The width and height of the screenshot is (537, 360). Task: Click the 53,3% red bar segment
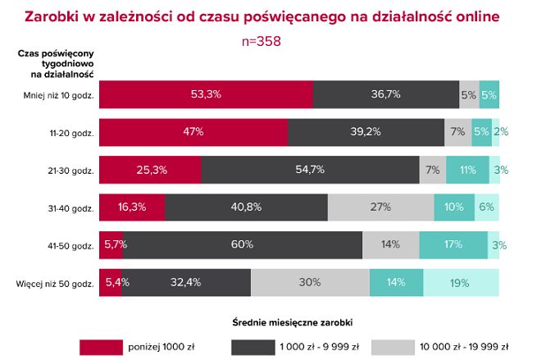[x=205, y=94]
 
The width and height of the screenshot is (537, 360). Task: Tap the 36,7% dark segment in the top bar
[x=385, y=94]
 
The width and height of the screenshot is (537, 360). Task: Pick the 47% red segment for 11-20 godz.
[x=193, y=132]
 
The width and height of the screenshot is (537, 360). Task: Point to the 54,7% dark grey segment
[x=312, y=170]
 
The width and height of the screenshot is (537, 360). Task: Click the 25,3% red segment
[x=149, y=170]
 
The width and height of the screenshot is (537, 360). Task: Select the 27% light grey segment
[x=380, y=207]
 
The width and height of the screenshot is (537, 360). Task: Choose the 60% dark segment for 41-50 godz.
[x=242, y=244]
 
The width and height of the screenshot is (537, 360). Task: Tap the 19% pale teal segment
[x=458, y=283]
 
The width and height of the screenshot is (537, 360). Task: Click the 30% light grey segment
[x=310, y=283]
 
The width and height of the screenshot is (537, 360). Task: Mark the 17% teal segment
[x=453, y=244]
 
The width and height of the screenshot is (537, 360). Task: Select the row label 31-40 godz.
[x=71, y=207]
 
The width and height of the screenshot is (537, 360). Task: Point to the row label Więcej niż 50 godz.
[x=55, y=284]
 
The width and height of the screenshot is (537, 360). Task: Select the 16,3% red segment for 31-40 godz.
[x=131, y=207]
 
